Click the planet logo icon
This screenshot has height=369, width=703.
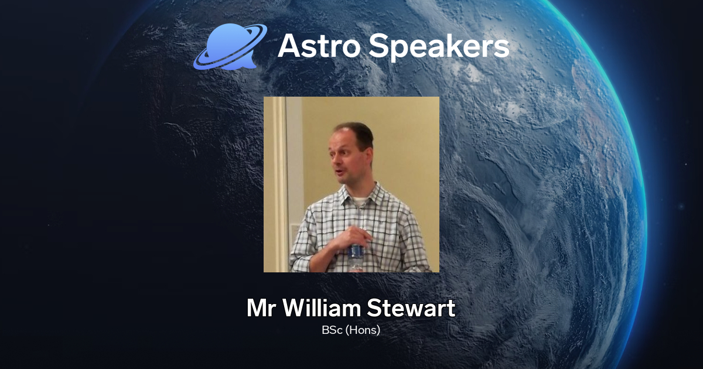[230, 47]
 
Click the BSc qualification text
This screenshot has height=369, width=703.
[332, 330]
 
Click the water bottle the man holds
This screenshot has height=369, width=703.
[356, 253]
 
